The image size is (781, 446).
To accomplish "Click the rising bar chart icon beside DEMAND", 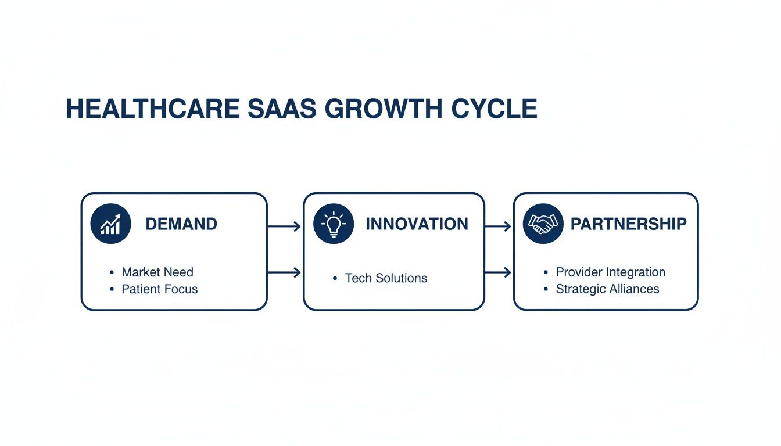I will [x=110, y=224].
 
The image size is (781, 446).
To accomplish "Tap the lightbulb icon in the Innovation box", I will [x=334, y=224].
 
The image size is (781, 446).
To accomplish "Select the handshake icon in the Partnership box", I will [x=543, y=224].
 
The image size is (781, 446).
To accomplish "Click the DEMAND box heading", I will [x=181, y=224].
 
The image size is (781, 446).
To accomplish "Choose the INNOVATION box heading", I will [x=417, y=224].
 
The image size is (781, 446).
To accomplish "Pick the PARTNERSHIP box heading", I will [x=628, y=224].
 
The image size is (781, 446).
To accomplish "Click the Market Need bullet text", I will [x=157, y=272].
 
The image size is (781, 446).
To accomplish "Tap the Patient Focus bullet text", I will [x=160, y=289].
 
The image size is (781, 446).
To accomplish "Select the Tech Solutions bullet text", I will [x=386, y=278].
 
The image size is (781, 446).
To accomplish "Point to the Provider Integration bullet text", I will [x=611, y=272].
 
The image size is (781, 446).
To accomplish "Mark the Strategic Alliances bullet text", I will [x=607, y=289].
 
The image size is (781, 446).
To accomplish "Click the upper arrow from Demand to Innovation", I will [x=284, y=226].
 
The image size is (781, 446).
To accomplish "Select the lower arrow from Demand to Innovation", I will [x=284, y=272].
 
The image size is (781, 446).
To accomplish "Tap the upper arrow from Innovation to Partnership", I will [x=498, y=226].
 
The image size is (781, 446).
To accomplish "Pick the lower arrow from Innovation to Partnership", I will [x=498, y=272].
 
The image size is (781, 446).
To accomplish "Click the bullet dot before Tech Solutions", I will [x=335, y=279].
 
